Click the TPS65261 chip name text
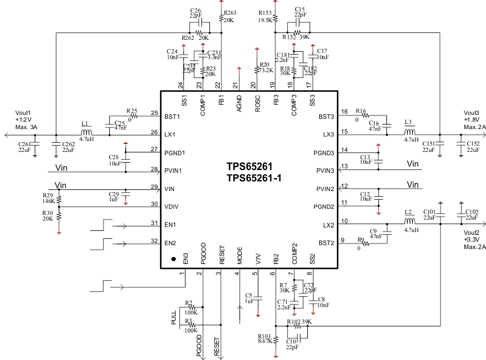click(x=249, y=167)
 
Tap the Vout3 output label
click(x=472, y=112)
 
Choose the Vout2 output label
click(x=472, y=233)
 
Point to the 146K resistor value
click(x=48, y=201)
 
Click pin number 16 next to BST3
click(x=344, y=111)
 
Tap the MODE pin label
click(x=240, y=254)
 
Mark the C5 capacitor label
click(x=248, y=295)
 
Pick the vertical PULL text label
click(x=174, y=318)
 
